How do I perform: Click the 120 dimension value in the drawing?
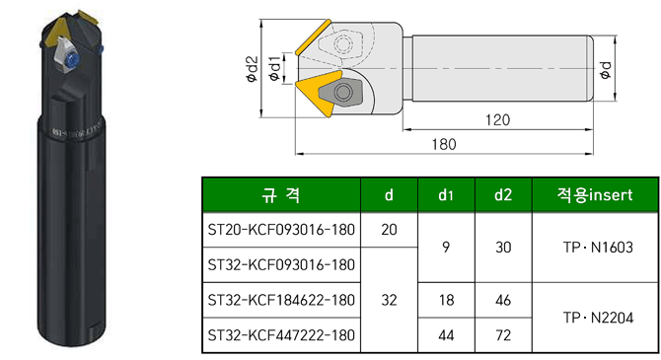[x=497, y=120]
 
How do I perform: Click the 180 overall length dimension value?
[x=444, y=145]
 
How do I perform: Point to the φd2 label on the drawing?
[x=252, y=69]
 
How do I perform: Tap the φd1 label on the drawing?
[x=274, y=68]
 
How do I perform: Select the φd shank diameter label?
[x=606, y=69]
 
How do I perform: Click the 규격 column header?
[x=281, y=194]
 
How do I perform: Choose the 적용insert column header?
[x=595, y=194]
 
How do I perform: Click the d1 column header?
[x=446, y=194]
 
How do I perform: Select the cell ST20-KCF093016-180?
[x=281, y=230]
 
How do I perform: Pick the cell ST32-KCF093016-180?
[x=281, y=264]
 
